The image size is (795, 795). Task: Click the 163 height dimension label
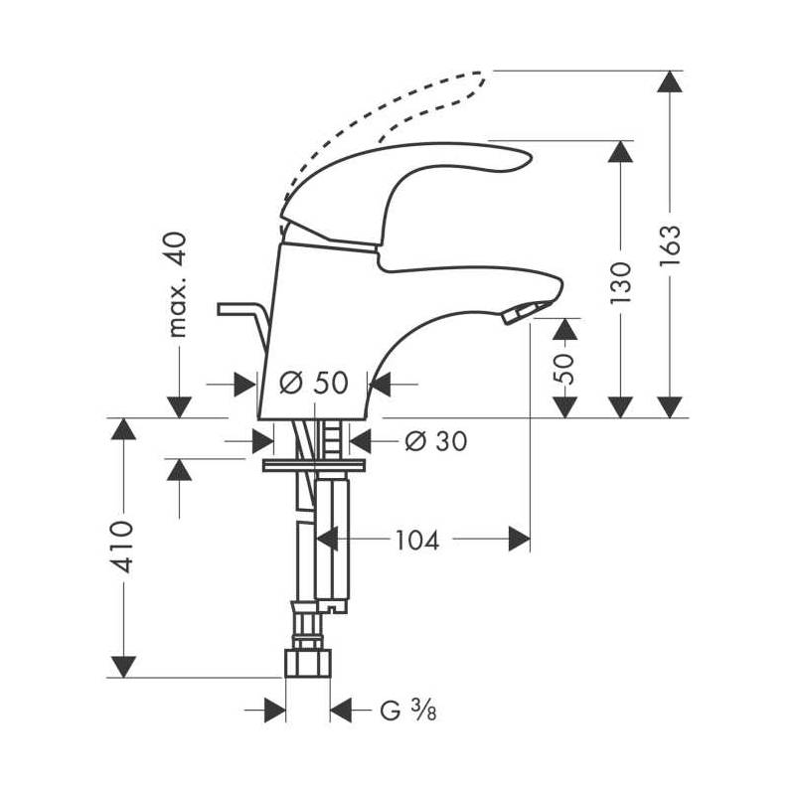pyautogui.click(x=670, y=245)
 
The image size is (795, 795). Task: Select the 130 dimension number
pyautogui.click(x=620, y=283)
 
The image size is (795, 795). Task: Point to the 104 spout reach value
pyautogui.click(x=416, y=540)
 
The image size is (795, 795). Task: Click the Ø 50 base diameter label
pyautogui.click(x=314, y=383)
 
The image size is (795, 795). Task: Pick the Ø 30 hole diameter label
pyautogui.click(x=436, y=441)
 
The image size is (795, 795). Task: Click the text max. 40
pyautogui.click(x=177, y=284)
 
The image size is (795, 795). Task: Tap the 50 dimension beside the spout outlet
pyautogui.click(x=563, y=369)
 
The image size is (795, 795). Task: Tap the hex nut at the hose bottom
pyautogui.click(x=308, y=663)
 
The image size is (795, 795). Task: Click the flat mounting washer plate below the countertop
pyautogui.click(x=314, y=465)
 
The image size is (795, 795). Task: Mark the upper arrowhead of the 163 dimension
pyautogui.click(x=670, y=81)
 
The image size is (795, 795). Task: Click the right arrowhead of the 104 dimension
pyautogui.click(x=519, y=539)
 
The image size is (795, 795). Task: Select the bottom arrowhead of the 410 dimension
pyautogui.click(x=123, y=667)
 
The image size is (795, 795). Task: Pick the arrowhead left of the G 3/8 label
pyautogui.click(x=275, y=710)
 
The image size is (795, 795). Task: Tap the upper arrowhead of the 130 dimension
pyautogui.click(x=620, y=151)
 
